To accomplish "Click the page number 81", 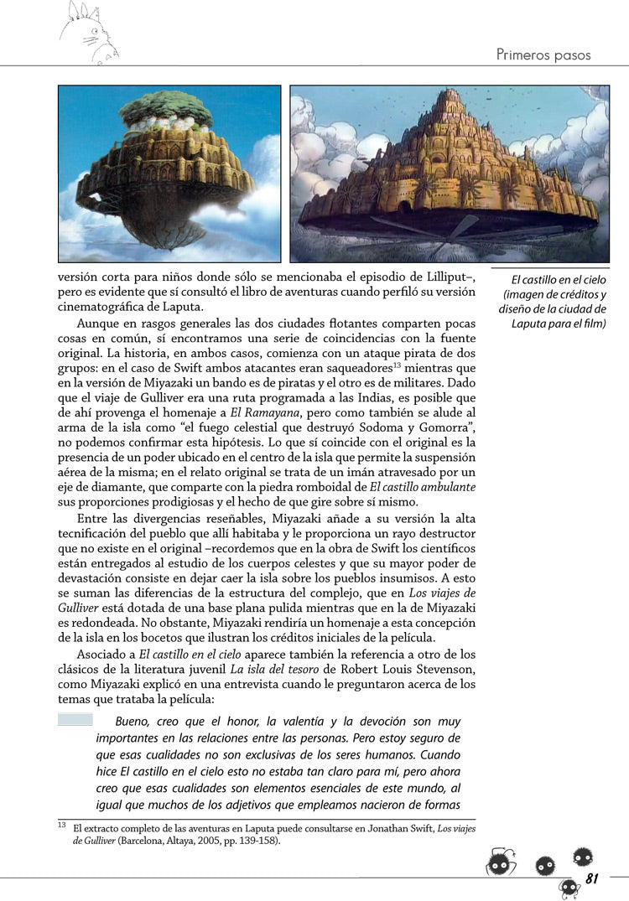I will tap(591, 878).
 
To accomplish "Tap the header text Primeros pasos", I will tap(543, 55).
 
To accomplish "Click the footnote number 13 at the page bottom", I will tap(62, 825).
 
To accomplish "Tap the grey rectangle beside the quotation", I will tap(75, 719).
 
